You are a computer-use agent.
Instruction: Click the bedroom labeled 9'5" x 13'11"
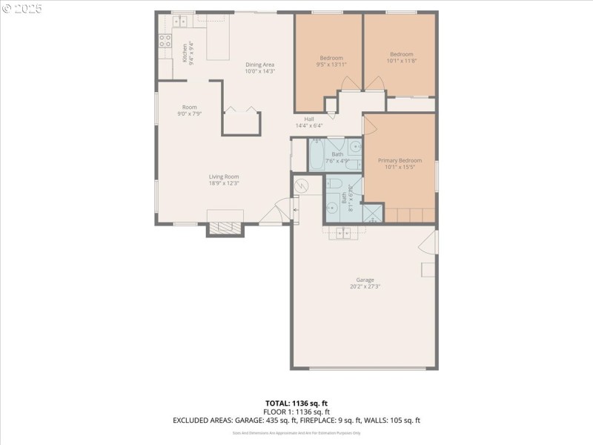click(331, 62)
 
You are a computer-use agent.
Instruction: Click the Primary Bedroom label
click(400, 164)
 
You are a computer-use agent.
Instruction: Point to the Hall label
click(308, 122)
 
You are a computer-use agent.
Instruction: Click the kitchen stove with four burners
click(165, 41)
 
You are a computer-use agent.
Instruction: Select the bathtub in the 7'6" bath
click(317, 154)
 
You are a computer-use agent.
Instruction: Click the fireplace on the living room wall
click(225, 224)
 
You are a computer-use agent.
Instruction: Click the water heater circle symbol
click(302, 185)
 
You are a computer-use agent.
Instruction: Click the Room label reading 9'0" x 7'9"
click(190, 111)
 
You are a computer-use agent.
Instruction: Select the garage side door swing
click(428, 241)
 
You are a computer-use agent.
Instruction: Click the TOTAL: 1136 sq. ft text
click(296, 403)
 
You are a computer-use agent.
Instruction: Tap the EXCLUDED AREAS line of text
click(296, 421)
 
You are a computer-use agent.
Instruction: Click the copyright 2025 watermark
click(22, 9)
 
